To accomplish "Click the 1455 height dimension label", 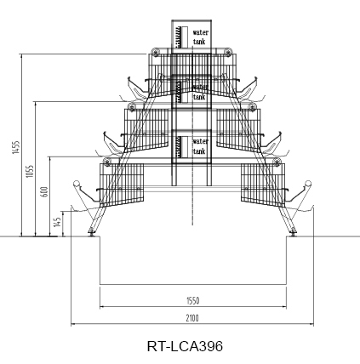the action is click(16, 147).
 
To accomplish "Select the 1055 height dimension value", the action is click(30, 171).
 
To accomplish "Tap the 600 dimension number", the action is click(44, 191).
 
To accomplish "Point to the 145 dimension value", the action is click(58, 222).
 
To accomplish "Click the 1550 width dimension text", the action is click(192, 300).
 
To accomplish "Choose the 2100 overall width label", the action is click(192, 318).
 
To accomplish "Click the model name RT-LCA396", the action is click(185, 346).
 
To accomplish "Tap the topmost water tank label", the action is click(201, 37).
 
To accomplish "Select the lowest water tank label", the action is click(201, 146).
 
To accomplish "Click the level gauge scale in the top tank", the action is click(179, 37).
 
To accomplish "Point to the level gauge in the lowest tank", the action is click(179, 147).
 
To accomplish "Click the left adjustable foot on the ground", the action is click(91, 232).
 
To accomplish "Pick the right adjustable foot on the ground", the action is click(294, 232).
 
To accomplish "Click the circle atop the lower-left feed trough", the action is click(77, 183).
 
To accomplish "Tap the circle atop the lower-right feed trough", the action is click(308, 183).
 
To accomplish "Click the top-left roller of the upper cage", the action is click(155, 52).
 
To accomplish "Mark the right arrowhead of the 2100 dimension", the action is click(311, 323).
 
